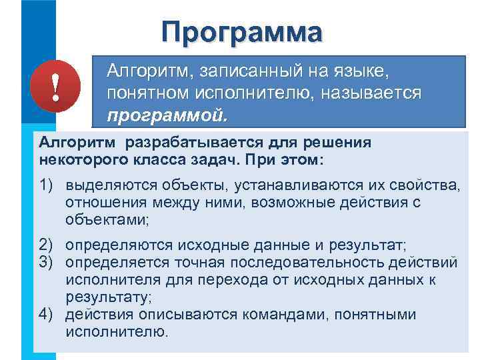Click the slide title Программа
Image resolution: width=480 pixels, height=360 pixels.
coord(241,32)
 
